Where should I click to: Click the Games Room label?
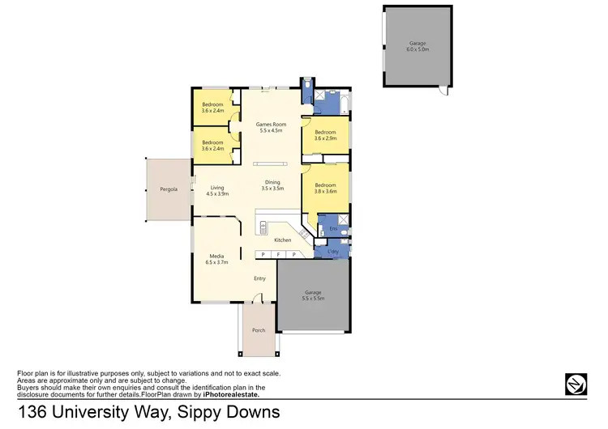pyautogui.click(x=271, y=127)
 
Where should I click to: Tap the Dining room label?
pyautogui.click(x=272, y=185)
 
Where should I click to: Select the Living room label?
pyautogui.click(x=217, y=191)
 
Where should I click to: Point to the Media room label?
pyautogui.click(x=217, y=259)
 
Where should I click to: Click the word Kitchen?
pyautogui.click(x=282, y=240)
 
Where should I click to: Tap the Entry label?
pyautogui.click(x=259, y=278)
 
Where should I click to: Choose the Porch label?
pyautogui.click(x=259, y=330)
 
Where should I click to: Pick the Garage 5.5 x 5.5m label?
pyautogui.click(x=313, y=295)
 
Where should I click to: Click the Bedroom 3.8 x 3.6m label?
pyautogui.click(x=326, y=189)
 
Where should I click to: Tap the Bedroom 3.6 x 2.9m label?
pyautogui.click(x=326, y=135)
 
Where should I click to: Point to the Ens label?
pyautogui.click(x=332, y=229)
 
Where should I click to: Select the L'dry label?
pyautogui.click(x=332, y=252)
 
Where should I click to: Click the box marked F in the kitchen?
pyautogui.click(x=278, y=255)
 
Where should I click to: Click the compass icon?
pyautogui.click(x=576, y=383)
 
